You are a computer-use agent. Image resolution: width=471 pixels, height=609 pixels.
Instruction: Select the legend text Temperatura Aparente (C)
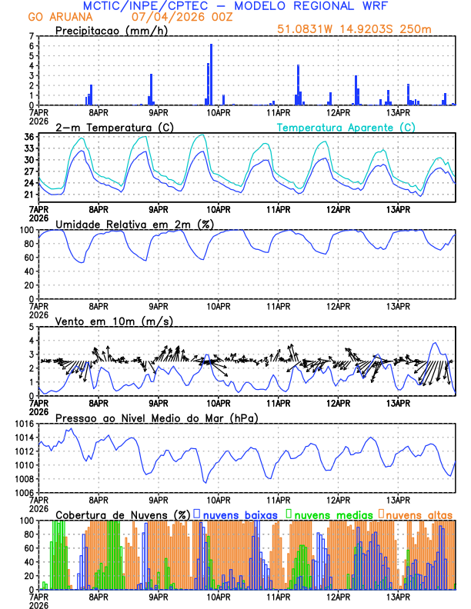point(346,127)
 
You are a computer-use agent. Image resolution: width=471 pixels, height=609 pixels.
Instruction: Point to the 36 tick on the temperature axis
point(30,137)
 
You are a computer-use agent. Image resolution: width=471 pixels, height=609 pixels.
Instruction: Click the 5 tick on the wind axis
point(32,327)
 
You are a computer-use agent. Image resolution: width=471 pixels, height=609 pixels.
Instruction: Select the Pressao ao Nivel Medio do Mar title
point(157,418)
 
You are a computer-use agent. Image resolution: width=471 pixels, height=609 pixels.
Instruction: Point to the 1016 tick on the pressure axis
point(24,424)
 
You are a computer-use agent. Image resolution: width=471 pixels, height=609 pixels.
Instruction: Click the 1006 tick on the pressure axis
point(24,492)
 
